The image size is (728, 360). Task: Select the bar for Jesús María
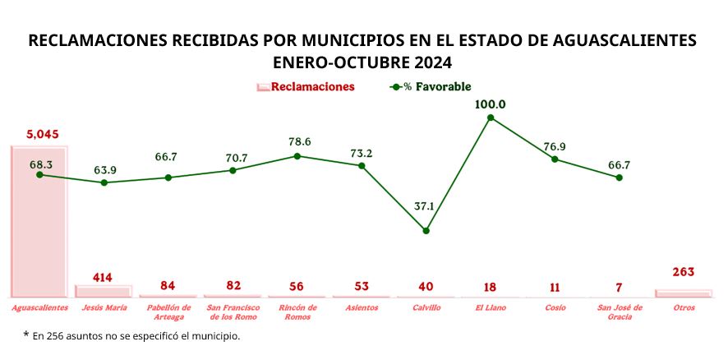pyautogui.click(x=104, y=291)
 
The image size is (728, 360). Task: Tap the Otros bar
pyautogui.click(x=683, y=293)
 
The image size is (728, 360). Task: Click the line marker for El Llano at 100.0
pyautogui.click(x=491, y=118)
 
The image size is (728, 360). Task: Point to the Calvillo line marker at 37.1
pyautogui.click(x=426, y=231)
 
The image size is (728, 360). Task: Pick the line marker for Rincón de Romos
pyautogui.click(x=297, y=155)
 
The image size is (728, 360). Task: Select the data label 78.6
pyautogui.click(x=297, y=141)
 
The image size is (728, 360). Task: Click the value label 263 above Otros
pyautogui.click(x=683, y=273)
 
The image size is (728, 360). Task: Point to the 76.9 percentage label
pyautogui.click(x=555, y=146)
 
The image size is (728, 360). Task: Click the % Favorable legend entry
pyautogui.click(x=436, y=86)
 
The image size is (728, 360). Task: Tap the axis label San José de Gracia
pyautogui.click(x=619, y=312)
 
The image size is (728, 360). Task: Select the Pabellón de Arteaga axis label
pyautogui.click(x=168, y=312)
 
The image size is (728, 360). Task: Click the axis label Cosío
pyautogui.click(x=555, y=307)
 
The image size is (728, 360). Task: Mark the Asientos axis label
pyautogui.click(x=362, y=307)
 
